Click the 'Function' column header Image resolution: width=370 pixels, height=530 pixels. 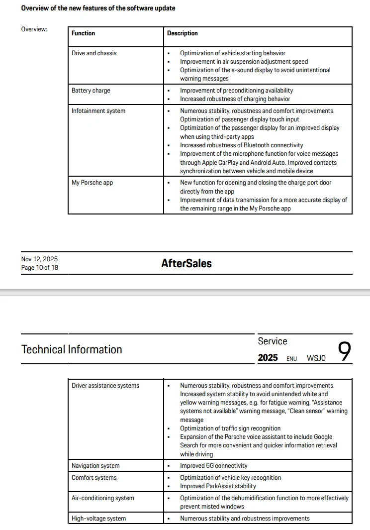click(x=83, y=33)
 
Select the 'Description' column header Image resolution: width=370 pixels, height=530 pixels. click(x=182, y=33)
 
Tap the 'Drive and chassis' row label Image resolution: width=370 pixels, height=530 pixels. click(x=94, y=53)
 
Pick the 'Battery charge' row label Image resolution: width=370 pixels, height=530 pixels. click(x=91, y=91)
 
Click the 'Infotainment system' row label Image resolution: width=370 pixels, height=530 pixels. click(x=98, y=111)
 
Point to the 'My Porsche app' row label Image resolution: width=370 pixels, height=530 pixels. click(x=92, y=183)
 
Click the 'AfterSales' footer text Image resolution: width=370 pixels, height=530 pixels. click(x=186, y=264)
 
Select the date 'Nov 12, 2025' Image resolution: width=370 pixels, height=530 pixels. click(x=39, y=259)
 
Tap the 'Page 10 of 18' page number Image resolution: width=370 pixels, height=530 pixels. click(x=39, y=268)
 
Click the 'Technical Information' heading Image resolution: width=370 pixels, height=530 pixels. click(x=72, y=349)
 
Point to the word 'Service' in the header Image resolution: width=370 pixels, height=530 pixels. click(x=273, y=341)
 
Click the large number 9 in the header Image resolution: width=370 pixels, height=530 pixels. click(x=344, y=352)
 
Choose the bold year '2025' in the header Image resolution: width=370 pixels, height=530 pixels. click(x=268, y=358)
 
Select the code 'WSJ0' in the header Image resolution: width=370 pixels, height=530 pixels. click(x=316, y=358)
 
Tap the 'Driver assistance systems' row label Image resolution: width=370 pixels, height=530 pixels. click(x=105, y=386)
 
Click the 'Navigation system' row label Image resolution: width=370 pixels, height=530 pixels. click(x=95, y=466)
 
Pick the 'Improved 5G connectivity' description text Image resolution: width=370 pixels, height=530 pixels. click(x=213, y=466)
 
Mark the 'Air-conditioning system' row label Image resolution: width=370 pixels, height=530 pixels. click(x=103, y=498)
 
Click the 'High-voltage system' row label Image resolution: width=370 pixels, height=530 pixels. click(x=98, y=519)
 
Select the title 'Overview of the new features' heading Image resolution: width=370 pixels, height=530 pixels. click(x=98, y=8)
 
